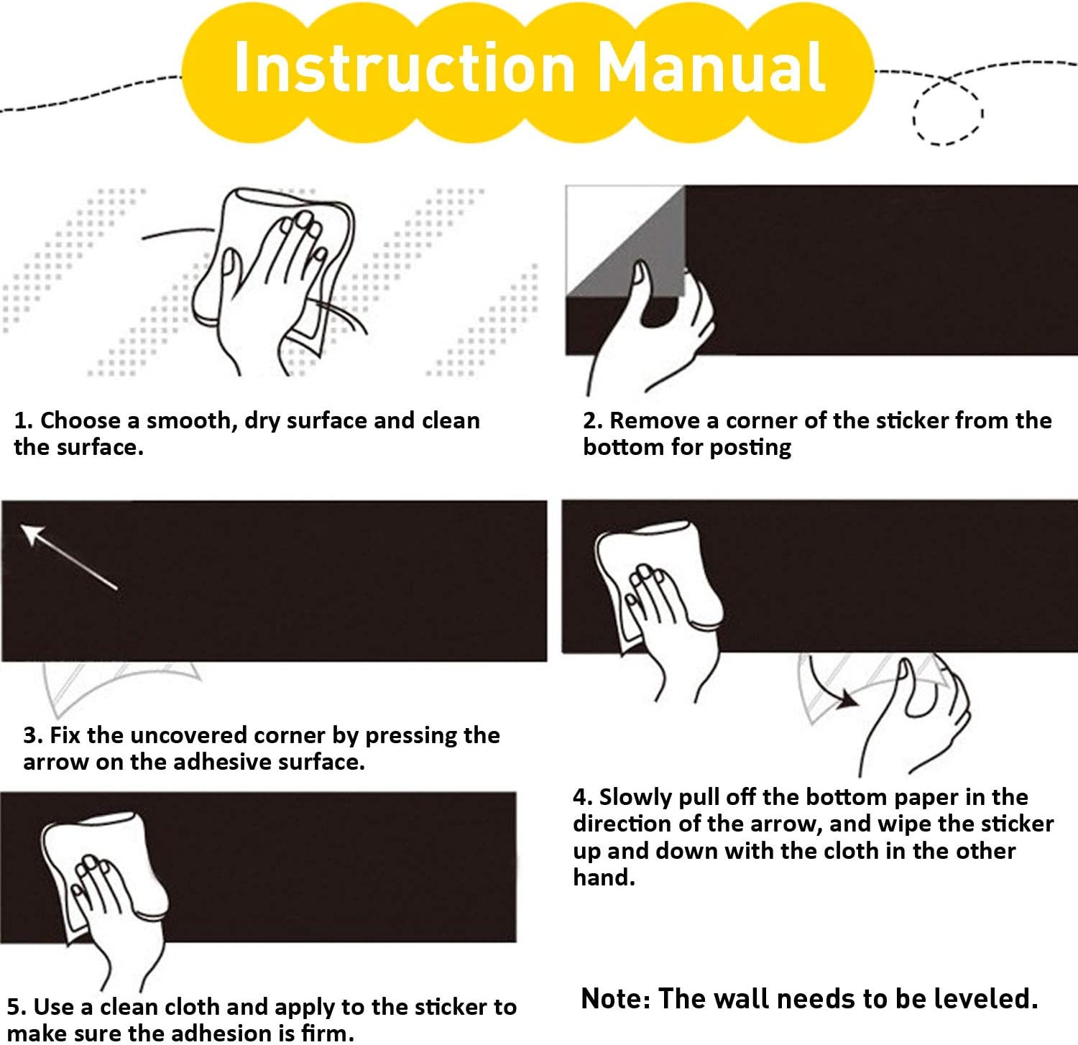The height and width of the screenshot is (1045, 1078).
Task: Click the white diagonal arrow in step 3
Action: (69, 557)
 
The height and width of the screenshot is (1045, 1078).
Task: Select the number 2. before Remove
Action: (593, 420)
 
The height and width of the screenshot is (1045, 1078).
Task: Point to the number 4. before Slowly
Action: (583, 797)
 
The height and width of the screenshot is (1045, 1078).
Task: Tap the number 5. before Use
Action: (17, 1007)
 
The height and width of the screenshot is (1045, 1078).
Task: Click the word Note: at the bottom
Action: (616, 999)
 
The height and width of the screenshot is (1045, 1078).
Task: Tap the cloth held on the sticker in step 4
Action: (658, 582)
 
